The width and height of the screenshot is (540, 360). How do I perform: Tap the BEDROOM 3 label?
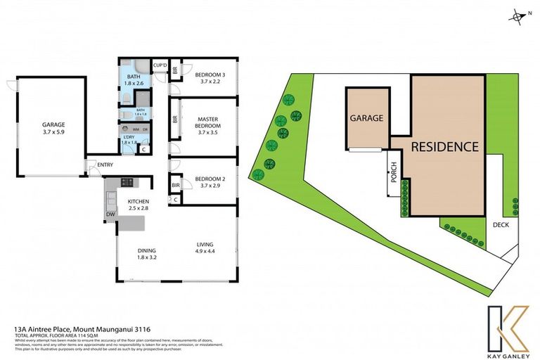210,75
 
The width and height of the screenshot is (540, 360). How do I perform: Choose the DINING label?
146,250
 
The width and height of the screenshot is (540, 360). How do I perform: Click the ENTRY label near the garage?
105,165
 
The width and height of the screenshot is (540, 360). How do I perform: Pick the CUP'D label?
160,65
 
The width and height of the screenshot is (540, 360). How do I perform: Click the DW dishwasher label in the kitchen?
111,213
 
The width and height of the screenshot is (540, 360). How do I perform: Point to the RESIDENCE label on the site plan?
445,147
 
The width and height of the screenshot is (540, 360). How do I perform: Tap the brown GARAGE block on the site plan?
367,118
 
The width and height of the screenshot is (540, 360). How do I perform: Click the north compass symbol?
518,15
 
